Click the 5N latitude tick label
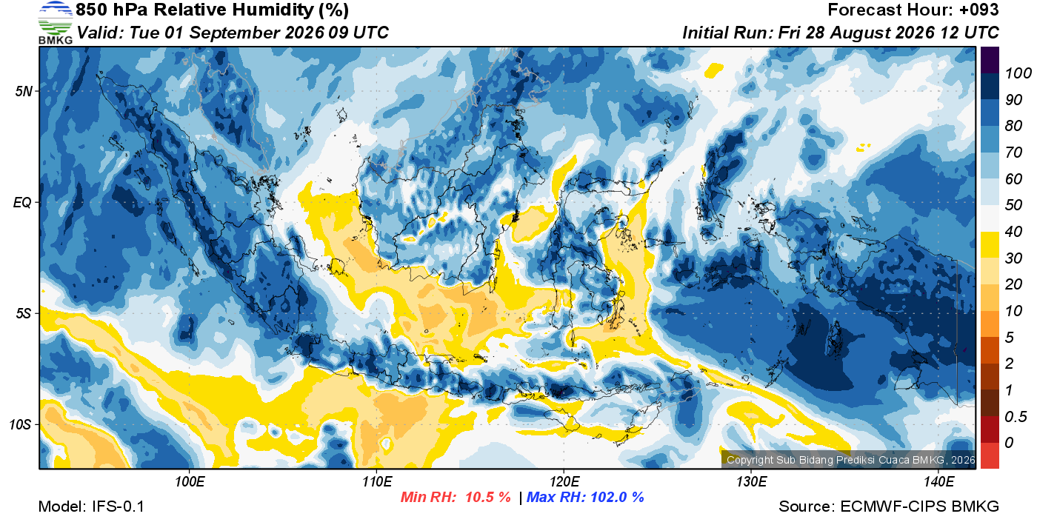pos(24,91)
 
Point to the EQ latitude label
pos(23,202)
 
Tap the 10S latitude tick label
pos(21,424)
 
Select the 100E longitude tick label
pos(190,481)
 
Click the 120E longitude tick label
pos(564,481)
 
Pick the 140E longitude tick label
pos(938,481)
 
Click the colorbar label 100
pos(1018,73)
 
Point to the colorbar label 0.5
pos(1016,417)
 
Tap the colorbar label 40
pos(1013,232)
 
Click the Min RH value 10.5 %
pos(488,497)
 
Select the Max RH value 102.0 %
pos(615,497)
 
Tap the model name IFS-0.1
pos(118,506)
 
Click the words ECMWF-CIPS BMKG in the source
pos(919,506)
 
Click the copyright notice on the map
pos(850,460)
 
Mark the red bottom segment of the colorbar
pos(990,455)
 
